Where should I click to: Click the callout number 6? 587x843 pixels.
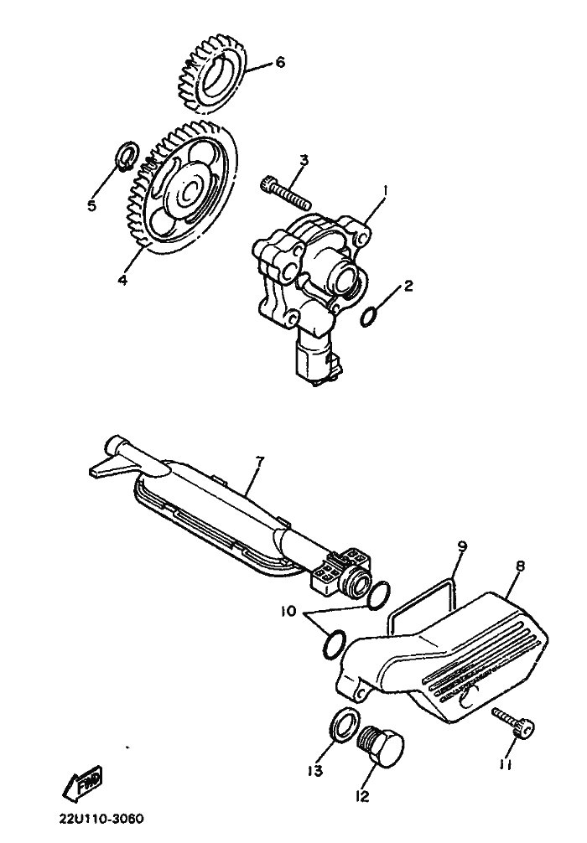pyautogui.click(x=280, y=62)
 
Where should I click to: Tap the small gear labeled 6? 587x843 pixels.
pyautogui.click(x=212, y=73)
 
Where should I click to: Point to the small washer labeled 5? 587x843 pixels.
pyautogui.click(x=127, y=156)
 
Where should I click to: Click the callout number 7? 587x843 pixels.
pyautogui.click(x=260, y=461)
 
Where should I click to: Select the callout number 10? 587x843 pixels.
pyautogui.click(x=289, y=612)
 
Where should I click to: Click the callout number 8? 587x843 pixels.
pyautogui.click(x=520, y=566)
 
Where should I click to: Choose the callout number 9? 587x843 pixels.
pyautogui.click(x=462, y=546)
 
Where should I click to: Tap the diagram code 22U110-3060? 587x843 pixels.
pyautogui.click(x=101, y=819)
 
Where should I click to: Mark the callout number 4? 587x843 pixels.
pyautogui.click(x=123, y=280)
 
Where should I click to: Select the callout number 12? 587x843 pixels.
pyautogui.click(x=363, y=796)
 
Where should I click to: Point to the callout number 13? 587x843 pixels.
pyautogui.click(x=315, y=771)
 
